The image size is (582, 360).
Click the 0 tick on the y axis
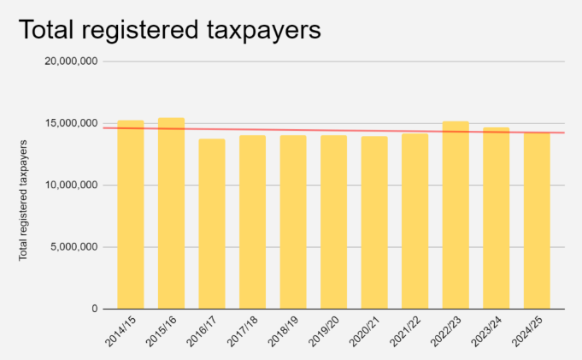click(94, 309)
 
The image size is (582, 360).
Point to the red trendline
click(342, 130)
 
